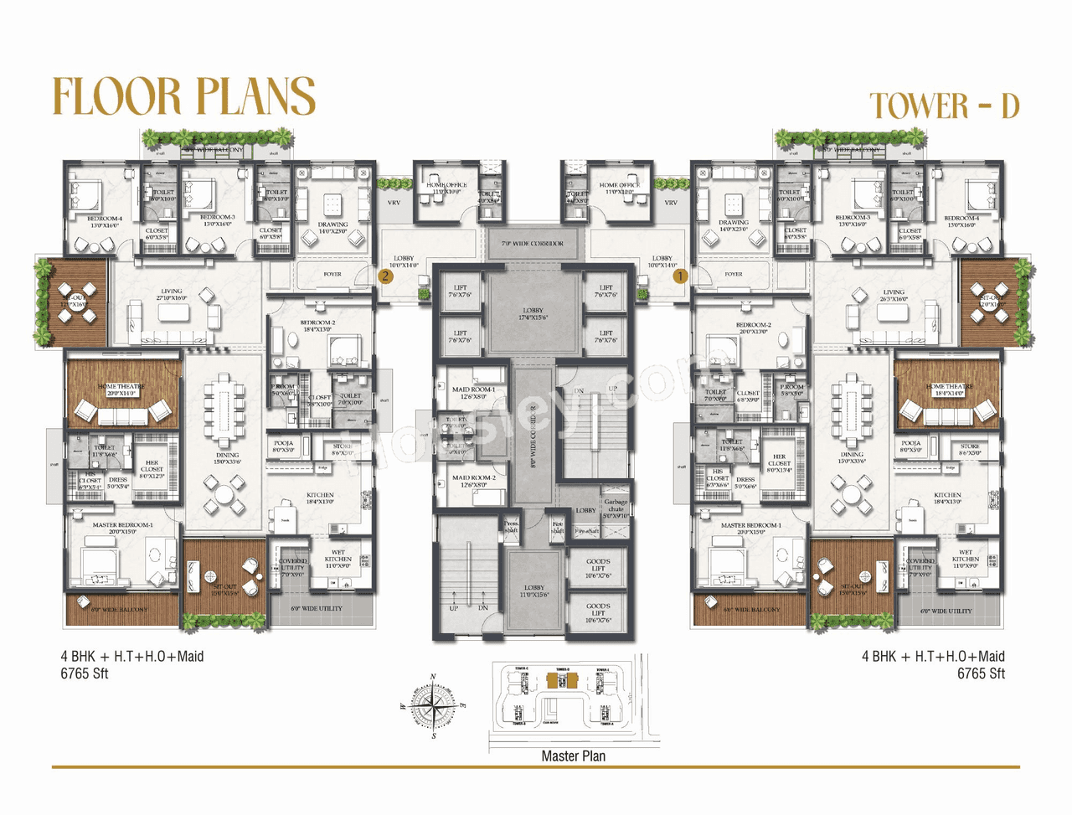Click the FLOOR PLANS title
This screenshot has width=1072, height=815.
pos(183,96)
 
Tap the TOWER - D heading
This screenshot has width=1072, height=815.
pos(944,106)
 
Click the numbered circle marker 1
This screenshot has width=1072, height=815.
pos(680,276)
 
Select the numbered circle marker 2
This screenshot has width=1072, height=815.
pos(385,276)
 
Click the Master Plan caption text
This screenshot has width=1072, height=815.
pos(573,756)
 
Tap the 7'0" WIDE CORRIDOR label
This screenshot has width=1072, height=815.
pos(533,244)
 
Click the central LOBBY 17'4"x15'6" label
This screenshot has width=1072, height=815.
pos(533,314)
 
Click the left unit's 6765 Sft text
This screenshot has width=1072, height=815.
pos(85,673)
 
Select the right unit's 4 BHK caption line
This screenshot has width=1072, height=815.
pos(933,657)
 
